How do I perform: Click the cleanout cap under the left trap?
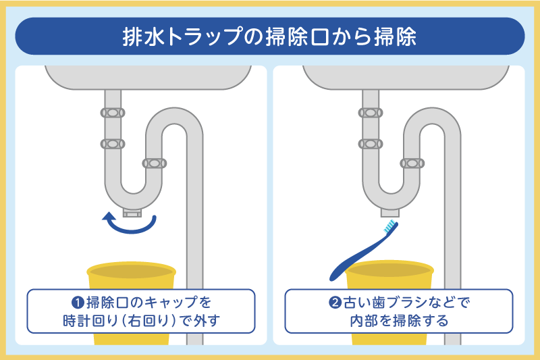point(132,213)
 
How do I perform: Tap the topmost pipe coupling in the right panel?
point(371,113)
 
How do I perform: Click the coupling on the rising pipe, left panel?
point(155,163)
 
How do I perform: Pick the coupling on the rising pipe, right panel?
point(412,163)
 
